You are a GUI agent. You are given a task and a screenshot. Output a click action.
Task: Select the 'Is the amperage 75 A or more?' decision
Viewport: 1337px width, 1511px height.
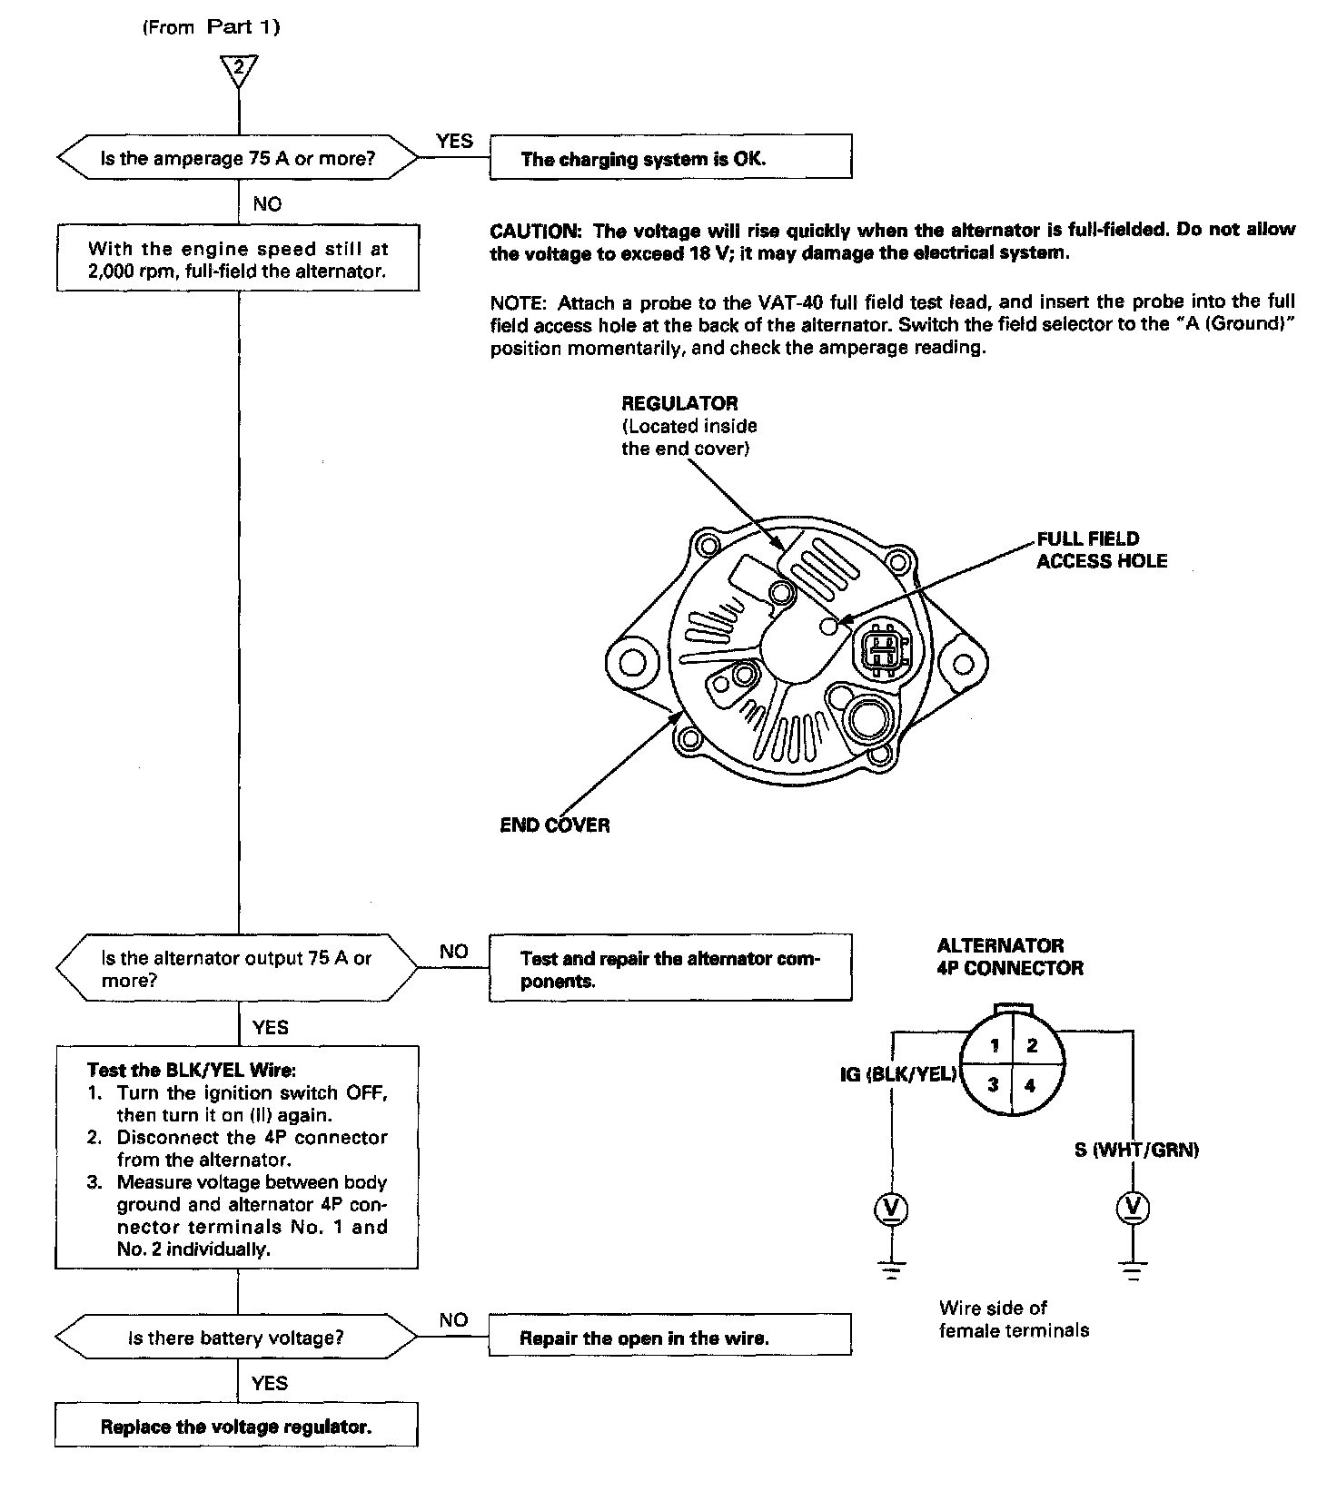point(237,159)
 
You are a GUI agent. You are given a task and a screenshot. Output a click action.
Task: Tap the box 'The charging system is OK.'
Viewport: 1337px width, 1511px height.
point(670,159)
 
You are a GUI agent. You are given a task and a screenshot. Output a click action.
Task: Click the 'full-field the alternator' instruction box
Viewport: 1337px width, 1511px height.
point(237,259)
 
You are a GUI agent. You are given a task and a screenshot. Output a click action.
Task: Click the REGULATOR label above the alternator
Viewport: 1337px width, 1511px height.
point(679,403)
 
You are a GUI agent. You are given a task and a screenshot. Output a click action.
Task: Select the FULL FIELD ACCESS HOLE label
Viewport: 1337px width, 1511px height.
point(1101,550)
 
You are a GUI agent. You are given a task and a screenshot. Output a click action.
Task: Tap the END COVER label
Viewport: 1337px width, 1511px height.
point(555,825)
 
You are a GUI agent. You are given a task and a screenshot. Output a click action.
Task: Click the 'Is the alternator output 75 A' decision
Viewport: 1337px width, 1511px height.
point(237,969)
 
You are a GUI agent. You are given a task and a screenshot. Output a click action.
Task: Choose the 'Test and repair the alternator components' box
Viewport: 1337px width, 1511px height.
point(670,969)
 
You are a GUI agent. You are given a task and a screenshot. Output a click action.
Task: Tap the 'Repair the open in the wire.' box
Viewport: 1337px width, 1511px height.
point(670,1338)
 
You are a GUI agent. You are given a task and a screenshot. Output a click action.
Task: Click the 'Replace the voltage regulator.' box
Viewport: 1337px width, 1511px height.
point(236,1427)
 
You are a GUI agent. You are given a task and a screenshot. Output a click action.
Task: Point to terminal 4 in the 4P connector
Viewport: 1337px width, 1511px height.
point(1030,1085)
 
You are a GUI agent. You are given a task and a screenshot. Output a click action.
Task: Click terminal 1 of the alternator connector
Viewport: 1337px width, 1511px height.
point(995,1045)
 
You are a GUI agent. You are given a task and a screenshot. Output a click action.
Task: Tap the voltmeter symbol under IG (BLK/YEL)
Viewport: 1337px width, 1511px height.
point(891,1208)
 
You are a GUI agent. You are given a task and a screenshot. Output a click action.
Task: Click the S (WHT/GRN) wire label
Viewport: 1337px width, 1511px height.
point(1136,1151)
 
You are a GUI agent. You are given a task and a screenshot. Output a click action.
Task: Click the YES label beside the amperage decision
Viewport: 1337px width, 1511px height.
point(454,141)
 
